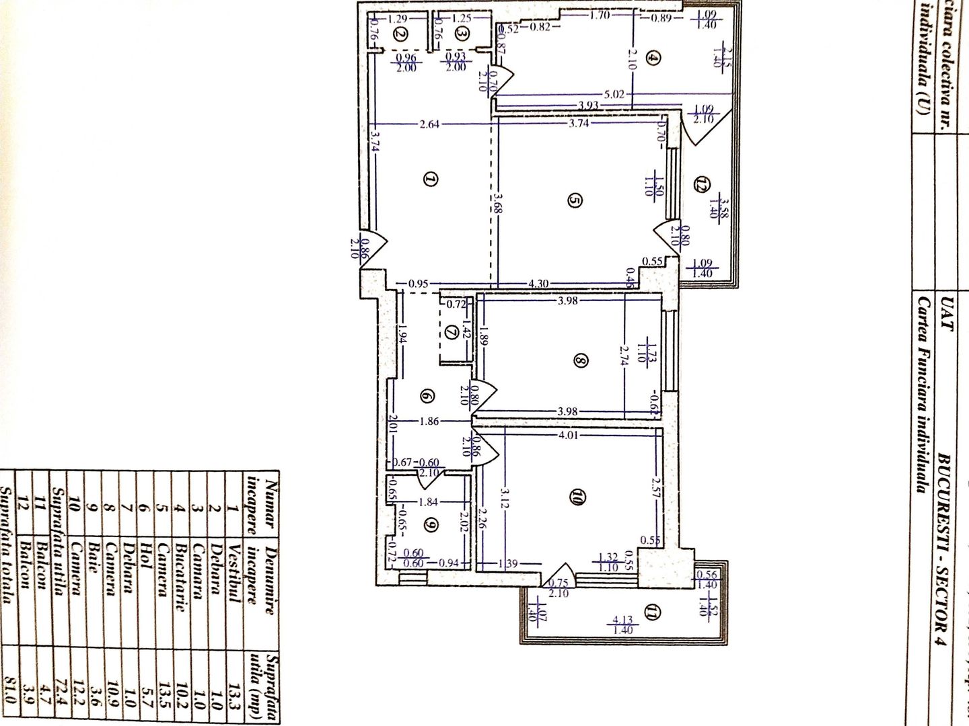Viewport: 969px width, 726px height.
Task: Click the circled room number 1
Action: [x=431, y=179]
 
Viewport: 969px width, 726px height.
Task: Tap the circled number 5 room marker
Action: [x=575, y=200]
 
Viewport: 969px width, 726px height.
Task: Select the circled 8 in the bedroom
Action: [x=581, y=361]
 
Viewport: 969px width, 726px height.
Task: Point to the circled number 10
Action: [x=577, y=497]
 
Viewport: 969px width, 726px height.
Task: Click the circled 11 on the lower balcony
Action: [x=653, y=612]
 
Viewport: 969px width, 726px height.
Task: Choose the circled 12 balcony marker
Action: [x=703, y=183]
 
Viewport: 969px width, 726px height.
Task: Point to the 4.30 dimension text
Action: [x=539, y=284]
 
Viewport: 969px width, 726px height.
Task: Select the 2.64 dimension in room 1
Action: [x=429, y=124]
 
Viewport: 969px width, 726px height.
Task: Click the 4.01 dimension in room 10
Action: [x=569, y=435]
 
